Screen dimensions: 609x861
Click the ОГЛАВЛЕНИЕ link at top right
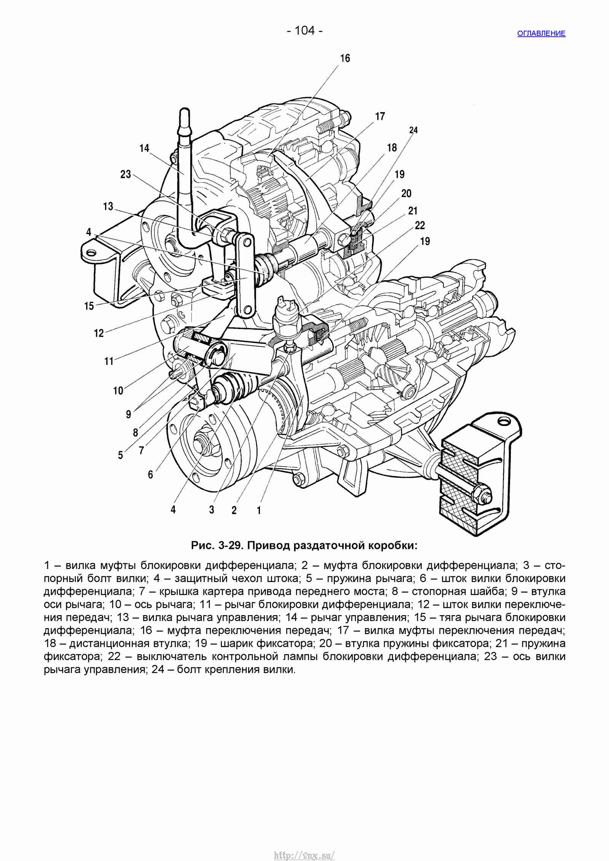tap(541, 33)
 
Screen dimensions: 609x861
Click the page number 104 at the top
tap(305, 30)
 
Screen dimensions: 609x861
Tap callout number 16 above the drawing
tap(345, 58)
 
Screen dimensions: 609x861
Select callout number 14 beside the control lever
tap(144, 148)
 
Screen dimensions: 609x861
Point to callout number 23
tap(126, 174)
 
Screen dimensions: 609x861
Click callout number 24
tap(413, 130)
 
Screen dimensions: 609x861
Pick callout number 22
tap(420, 225)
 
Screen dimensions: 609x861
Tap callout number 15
tap(89, 306)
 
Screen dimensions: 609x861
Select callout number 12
tap(99, 333)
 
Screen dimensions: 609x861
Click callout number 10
tap(118, 391)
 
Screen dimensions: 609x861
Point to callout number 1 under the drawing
tap(259, 510)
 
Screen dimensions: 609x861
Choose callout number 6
tap(150, 475)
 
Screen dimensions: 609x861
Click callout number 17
tap(380, 116)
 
